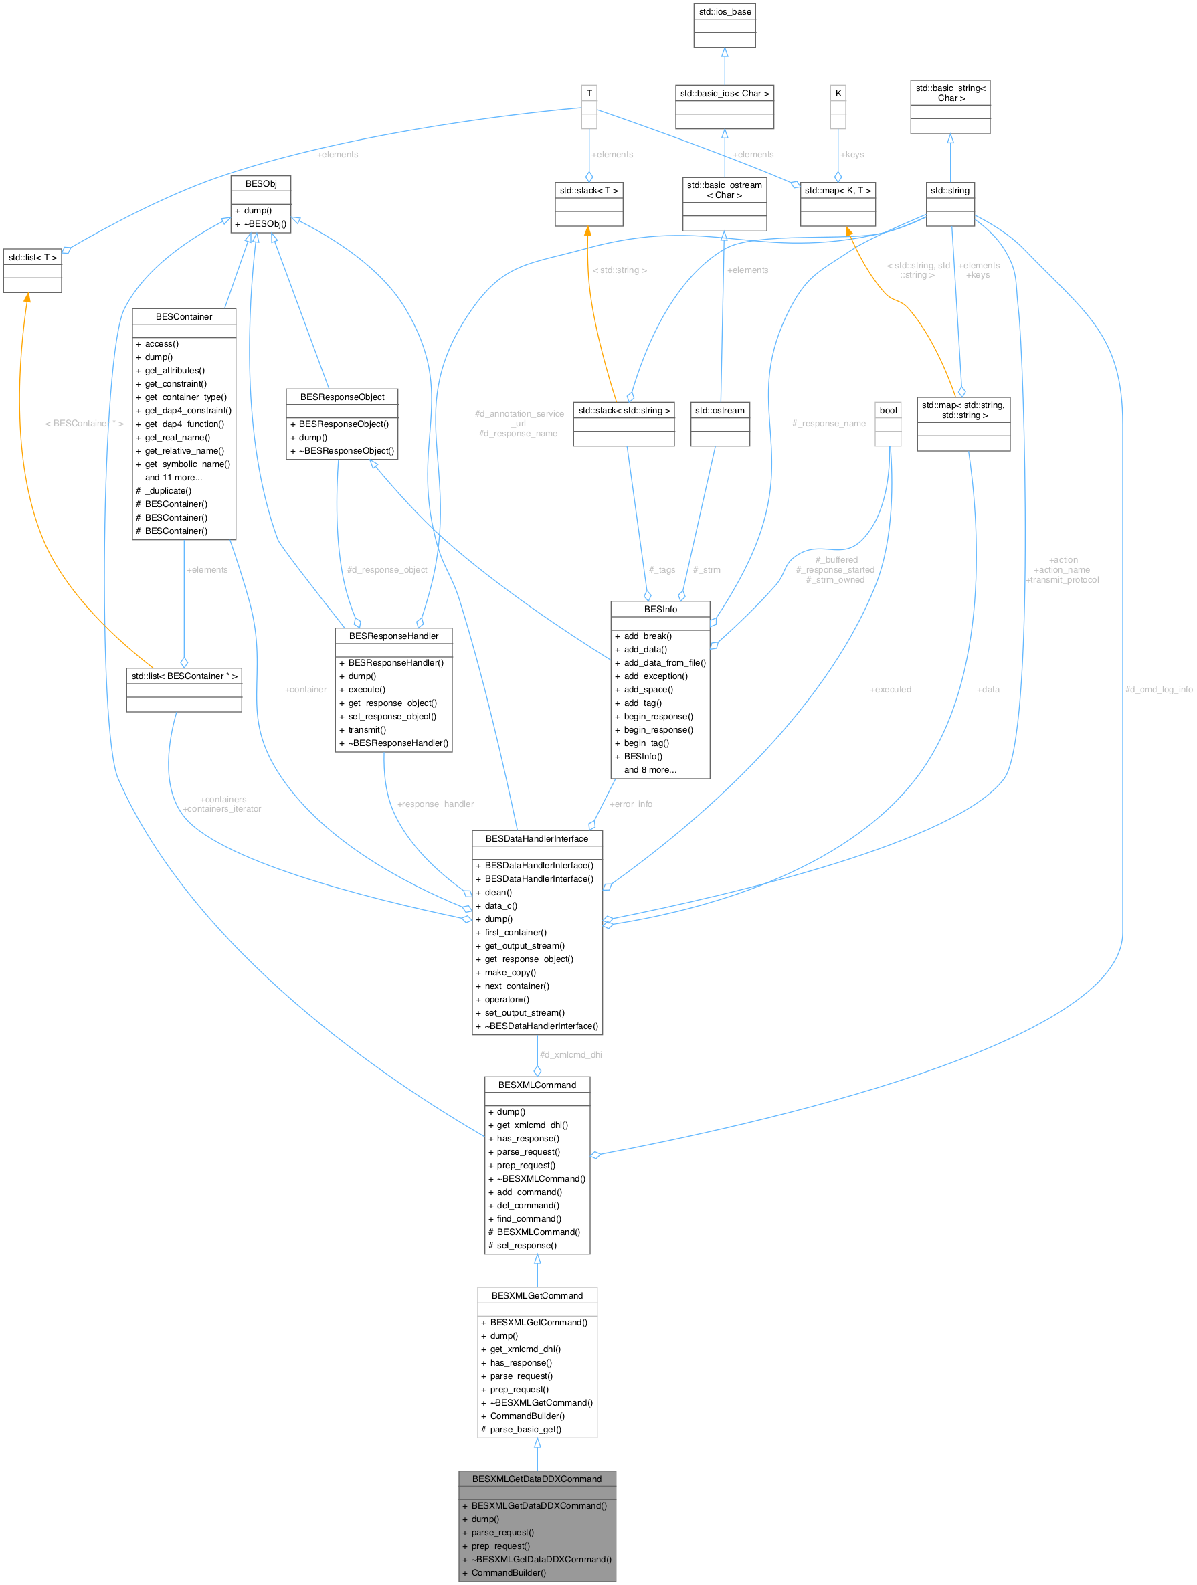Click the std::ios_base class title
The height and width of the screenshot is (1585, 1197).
725,11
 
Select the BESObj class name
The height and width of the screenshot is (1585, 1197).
261,183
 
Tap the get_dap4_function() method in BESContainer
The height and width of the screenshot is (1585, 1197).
184,424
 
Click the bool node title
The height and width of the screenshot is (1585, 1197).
888,411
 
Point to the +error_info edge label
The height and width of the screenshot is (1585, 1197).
631,804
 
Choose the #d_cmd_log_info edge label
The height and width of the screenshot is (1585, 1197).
1158,689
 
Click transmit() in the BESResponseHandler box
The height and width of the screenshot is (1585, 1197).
367,729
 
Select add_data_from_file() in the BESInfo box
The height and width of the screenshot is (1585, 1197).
664,663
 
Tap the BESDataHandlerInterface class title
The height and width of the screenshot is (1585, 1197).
537,838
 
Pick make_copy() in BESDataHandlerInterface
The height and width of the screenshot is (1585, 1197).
510,972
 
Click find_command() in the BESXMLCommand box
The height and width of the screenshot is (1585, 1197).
529,1219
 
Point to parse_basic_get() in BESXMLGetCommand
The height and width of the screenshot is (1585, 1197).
525,1430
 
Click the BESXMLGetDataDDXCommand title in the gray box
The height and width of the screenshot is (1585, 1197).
537,1479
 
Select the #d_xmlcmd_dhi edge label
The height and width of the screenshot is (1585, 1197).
571,1054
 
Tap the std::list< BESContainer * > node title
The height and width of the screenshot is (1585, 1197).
184,676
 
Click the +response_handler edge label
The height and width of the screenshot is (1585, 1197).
436,804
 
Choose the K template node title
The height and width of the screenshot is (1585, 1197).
838,93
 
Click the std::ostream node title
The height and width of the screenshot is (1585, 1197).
720,411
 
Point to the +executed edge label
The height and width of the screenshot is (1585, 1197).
891,689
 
